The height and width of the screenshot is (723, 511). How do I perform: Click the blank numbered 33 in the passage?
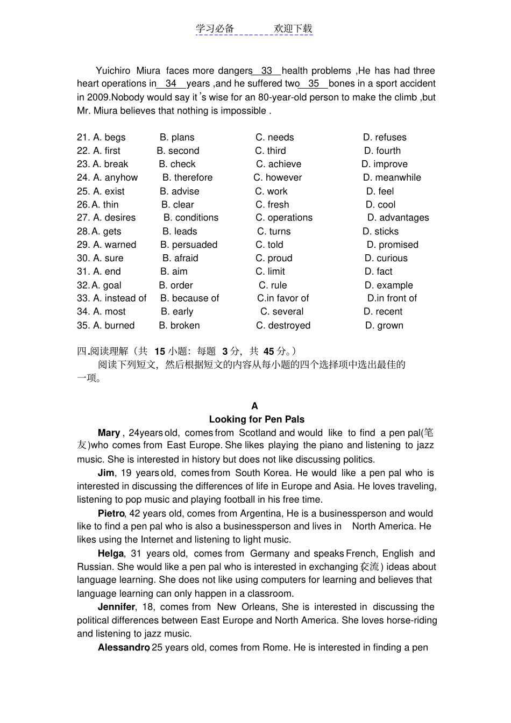click(267, 71)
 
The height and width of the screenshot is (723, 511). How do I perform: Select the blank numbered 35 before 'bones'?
click(314, 84)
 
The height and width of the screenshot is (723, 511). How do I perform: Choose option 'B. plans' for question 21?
click(177, 138)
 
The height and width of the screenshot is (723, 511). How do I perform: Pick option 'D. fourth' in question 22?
click(382, 151)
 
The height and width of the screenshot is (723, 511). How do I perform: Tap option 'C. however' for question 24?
click(278, 178)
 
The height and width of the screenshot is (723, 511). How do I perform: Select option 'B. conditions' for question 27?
click(191, 218)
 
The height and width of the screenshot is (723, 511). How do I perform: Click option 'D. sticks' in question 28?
click(380, 232)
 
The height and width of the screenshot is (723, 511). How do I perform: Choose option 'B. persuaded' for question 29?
click(189, 245)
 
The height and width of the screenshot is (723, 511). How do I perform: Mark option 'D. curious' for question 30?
click(386, 259)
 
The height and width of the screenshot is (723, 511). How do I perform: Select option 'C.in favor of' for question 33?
click(283, 298)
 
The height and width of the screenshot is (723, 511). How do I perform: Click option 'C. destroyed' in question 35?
click(283, 326)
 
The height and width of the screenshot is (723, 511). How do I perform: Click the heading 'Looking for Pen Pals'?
click(257, 419)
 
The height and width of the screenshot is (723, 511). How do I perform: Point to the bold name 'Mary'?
click(109, 433)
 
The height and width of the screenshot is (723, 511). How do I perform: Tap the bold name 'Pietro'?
click(111, 513)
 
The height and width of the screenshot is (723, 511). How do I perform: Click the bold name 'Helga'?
click(111, 554)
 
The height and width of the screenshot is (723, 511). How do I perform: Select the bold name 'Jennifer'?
click(116, 607)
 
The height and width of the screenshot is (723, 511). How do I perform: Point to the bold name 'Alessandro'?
click(123, 648)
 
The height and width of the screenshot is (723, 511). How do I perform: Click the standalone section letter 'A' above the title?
click(254, 406)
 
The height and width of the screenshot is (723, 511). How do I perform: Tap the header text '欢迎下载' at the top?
click(293, 29)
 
